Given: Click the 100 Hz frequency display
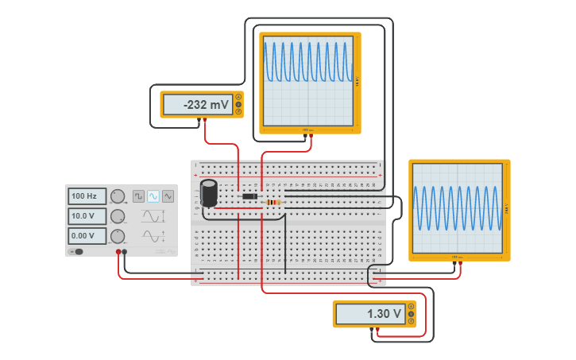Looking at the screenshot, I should click(x=86, y=196).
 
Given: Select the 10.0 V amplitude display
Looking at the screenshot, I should click(x=86, y=216).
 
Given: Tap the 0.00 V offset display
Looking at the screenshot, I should click(x=86, y=236).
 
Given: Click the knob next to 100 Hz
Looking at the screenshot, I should click(x=118, y=196).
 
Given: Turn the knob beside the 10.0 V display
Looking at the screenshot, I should click(x=118, y=216).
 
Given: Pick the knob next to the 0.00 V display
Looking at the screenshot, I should click(x=118, y=236).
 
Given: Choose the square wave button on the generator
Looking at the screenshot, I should click(x=138, y=196).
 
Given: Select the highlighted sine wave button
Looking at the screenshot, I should click(x=153, y=196).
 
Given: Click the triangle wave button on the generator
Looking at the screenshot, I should click(x=168, y=196).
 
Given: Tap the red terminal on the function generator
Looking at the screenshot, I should click(x=118, y=252).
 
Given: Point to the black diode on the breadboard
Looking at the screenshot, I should click(x=249, y=196).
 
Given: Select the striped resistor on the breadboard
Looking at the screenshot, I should click(x=274, y=203).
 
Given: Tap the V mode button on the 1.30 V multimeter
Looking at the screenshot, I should click(x=411, y=314).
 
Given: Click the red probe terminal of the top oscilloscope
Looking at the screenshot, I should click(x=310, y=135).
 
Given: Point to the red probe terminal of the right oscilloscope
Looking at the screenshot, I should click(x=461, y=264).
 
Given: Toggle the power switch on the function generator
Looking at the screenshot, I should click(x=76, y=252).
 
